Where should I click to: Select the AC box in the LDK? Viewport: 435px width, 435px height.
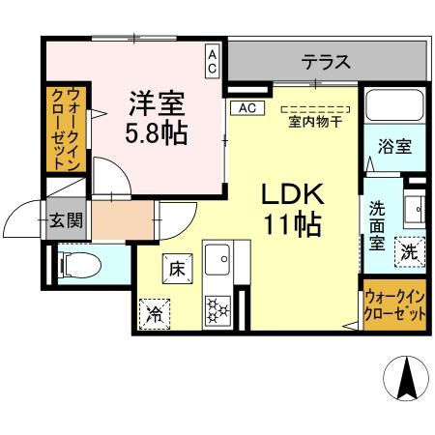tap(245, 107)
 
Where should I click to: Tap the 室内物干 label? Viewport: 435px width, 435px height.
tap(313, 122)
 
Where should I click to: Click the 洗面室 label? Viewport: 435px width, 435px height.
tap(377, 223)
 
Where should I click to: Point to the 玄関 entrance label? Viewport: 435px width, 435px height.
tap(67, 219)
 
